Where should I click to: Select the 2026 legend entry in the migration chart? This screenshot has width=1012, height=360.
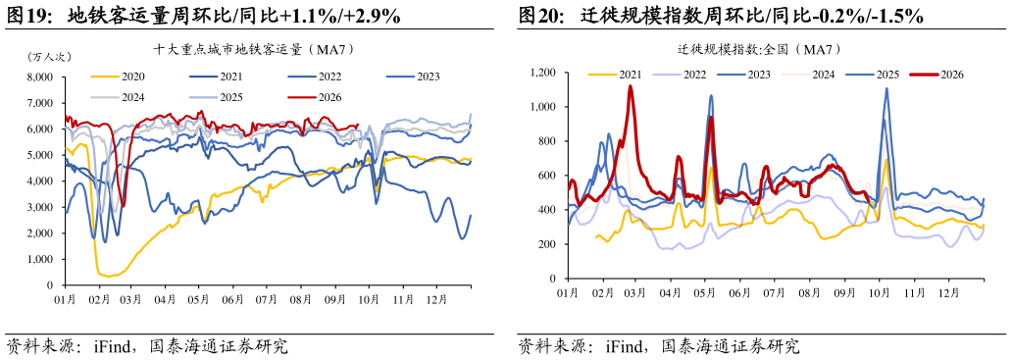click(936, 75)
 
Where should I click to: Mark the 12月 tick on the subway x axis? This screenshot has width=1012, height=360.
click(436, 299)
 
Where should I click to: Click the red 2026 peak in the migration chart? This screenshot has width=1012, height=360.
click(630, 86)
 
